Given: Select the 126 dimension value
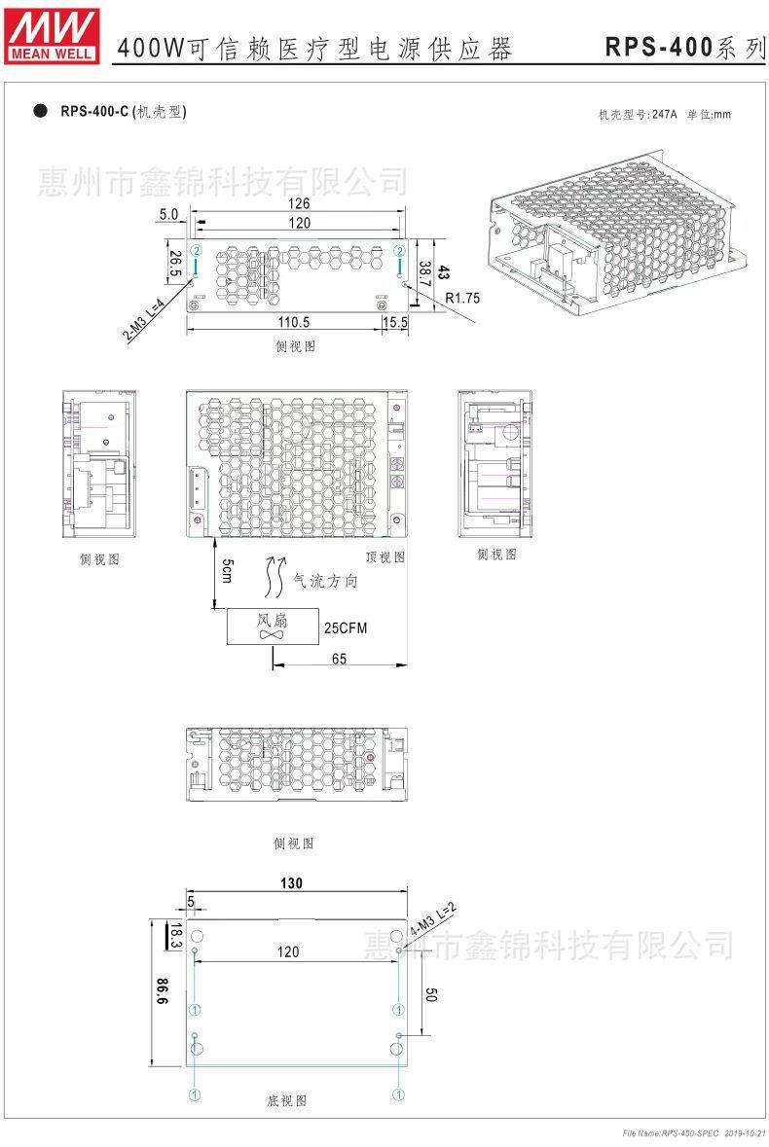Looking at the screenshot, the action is point(299,203).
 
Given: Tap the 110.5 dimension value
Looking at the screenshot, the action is point(294,321).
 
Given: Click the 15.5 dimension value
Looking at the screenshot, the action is point(395,321).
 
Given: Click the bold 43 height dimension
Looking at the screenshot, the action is point(444,272).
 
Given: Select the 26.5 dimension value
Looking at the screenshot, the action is point(174,266).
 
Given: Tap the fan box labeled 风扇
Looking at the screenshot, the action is point(272,627).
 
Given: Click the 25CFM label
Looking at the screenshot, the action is point(346,627).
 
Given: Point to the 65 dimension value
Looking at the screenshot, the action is point(339,659).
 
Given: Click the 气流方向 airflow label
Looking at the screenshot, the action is point(326,581).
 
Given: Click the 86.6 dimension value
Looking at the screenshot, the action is point(162,989).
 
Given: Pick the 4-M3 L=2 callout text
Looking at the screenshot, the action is point(432,919).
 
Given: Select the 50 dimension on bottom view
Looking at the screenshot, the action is point(432,993).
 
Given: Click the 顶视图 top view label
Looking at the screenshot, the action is point(385,556).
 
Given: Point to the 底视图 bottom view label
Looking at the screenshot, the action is point(287,1100).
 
